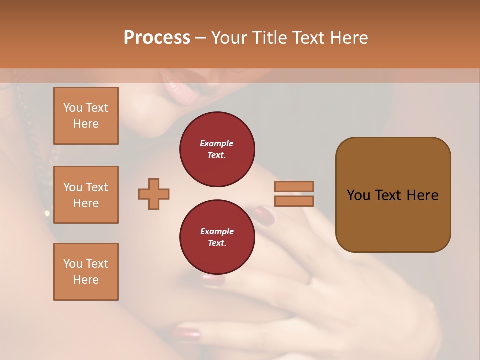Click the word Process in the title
point(157,38)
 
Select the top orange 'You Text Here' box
point(86,116)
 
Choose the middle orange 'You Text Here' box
point(86,195)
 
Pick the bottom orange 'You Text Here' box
point(86,272)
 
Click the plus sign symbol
point(154,194)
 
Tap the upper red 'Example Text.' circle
point(217,149)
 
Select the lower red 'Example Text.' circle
point(217,237)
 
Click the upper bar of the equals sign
point(294,186)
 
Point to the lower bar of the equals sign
point(294,201)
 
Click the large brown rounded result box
point(393,195)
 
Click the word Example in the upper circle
point(217,143)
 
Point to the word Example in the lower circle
point(217,231)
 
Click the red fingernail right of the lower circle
point(264,216)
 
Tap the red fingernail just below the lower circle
point(213,280)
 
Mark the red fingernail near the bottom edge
point(186,333)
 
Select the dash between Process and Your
point(201,38)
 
